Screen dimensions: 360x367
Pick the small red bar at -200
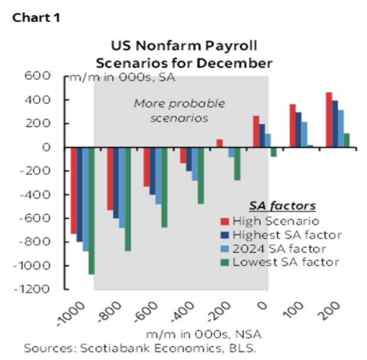pyautogui.click(x=220, y=144)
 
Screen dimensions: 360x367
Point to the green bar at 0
pyautogui.click(x=273, y=152)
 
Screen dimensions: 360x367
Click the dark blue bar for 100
pyautogui.click(x=298, y=130)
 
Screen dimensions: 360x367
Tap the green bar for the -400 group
pyautogui.click(x=201, y=176)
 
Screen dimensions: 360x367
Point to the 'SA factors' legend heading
pyautogui.click(x=281, y=206)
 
